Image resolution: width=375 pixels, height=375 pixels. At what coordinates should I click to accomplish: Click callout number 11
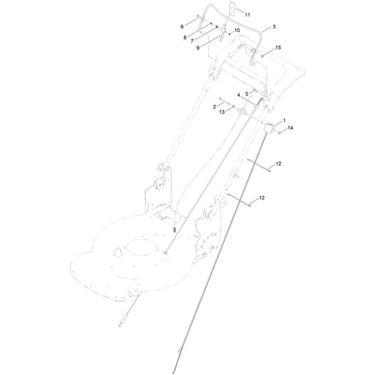point(248,15)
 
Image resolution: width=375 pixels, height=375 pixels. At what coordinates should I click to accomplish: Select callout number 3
point(274,27)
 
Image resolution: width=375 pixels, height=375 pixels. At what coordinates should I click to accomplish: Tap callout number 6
point(182,27)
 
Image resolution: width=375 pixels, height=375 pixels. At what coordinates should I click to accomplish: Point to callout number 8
point(185,37)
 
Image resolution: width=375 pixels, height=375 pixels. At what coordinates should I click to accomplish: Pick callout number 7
point(192,41)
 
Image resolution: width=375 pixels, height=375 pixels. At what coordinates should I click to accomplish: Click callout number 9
point(198,48)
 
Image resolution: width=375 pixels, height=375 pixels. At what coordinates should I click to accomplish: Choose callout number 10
point(237,30)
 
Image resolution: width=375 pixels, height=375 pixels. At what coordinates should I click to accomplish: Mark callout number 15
point(278,48)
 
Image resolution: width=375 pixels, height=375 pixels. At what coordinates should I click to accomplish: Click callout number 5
point(246,94)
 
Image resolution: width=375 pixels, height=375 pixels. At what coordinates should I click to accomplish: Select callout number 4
point(238,95)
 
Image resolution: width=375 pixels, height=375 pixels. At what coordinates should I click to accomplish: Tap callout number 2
point(214,107)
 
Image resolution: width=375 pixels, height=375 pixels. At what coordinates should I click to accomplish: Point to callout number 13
point(222,112)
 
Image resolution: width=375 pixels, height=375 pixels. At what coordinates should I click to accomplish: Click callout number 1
point(285,121)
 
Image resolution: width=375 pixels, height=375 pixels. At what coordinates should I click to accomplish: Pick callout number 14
point(290,128)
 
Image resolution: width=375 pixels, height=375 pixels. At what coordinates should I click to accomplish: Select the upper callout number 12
point(279,164)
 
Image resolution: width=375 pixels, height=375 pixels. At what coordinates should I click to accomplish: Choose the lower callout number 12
point(262,198)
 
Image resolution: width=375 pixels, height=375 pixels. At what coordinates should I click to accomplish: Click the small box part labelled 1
point(269,128)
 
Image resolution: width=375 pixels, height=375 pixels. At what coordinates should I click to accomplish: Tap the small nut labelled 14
point(279,133)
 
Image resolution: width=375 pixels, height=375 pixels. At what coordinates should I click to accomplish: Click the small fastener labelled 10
point(230,34)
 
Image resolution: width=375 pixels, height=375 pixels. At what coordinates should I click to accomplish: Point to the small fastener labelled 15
point(262,56)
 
